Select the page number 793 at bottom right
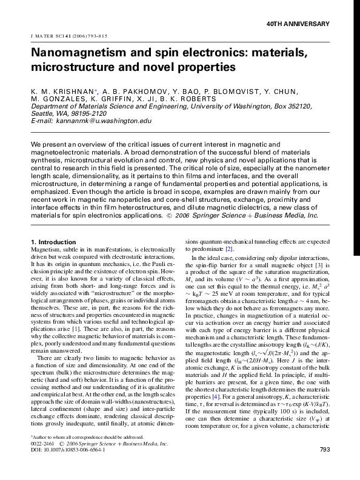coord(324,467)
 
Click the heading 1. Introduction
coord(53,242)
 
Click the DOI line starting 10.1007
coord(67,467)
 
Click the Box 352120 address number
coord(295,105)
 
